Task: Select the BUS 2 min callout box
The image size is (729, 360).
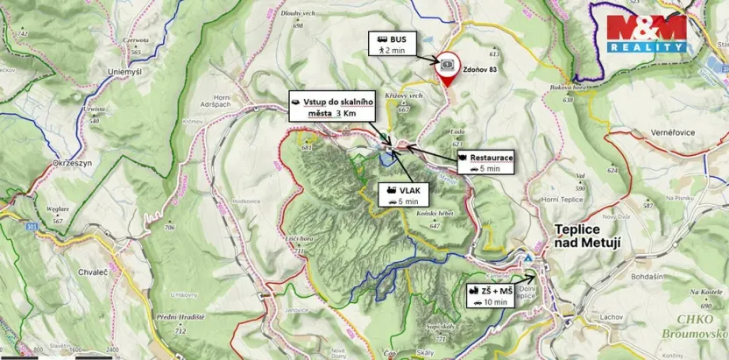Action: pos(393,45)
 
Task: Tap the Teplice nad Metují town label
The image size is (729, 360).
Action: pos(587,236)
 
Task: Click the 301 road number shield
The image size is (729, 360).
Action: pos(32,226)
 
